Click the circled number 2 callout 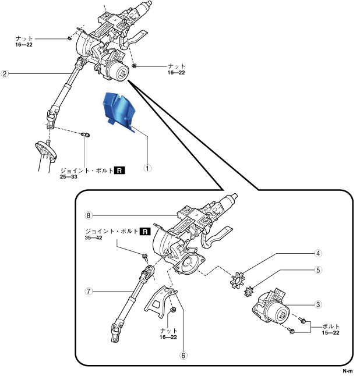pos(5,74)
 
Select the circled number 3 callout pos(318,304)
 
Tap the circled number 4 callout pos(318,253)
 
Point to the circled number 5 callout pos(318,270)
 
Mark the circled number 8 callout pos(89,215)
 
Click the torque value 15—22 pos(329,333)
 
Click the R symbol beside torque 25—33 pos(119,170)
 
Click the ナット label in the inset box pos(168,329)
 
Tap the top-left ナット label pos(24,37)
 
